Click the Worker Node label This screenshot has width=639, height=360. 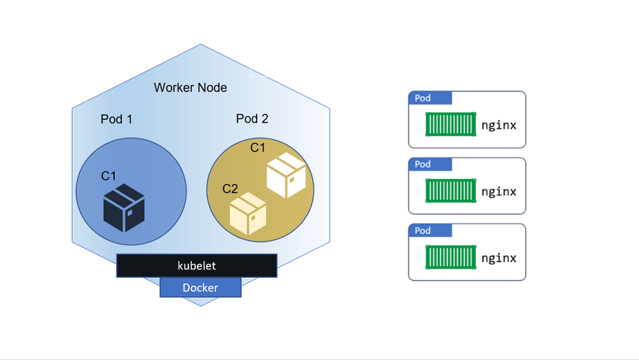(190, 88)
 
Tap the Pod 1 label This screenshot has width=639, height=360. (116, 119)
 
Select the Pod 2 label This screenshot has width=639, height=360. (252, 119)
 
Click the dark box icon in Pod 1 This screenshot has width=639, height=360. (124, 208)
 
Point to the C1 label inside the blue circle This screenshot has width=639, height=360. (109, 176)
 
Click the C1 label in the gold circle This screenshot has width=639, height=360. (258, 148)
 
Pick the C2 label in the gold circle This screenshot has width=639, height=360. (230, 189)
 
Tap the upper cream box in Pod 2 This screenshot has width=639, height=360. (286, 175)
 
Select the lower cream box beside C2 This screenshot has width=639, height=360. (248, 213)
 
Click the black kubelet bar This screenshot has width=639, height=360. (197, 266)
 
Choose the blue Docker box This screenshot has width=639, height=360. (200, 288)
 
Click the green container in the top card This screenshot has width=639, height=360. (451, 124)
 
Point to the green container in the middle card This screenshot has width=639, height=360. (451, 191)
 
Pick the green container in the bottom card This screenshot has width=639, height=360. (451, 258)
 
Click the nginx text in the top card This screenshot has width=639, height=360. (499, 125)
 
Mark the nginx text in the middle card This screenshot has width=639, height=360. (499, 192)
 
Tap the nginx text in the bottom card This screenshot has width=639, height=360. (499, 258)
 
